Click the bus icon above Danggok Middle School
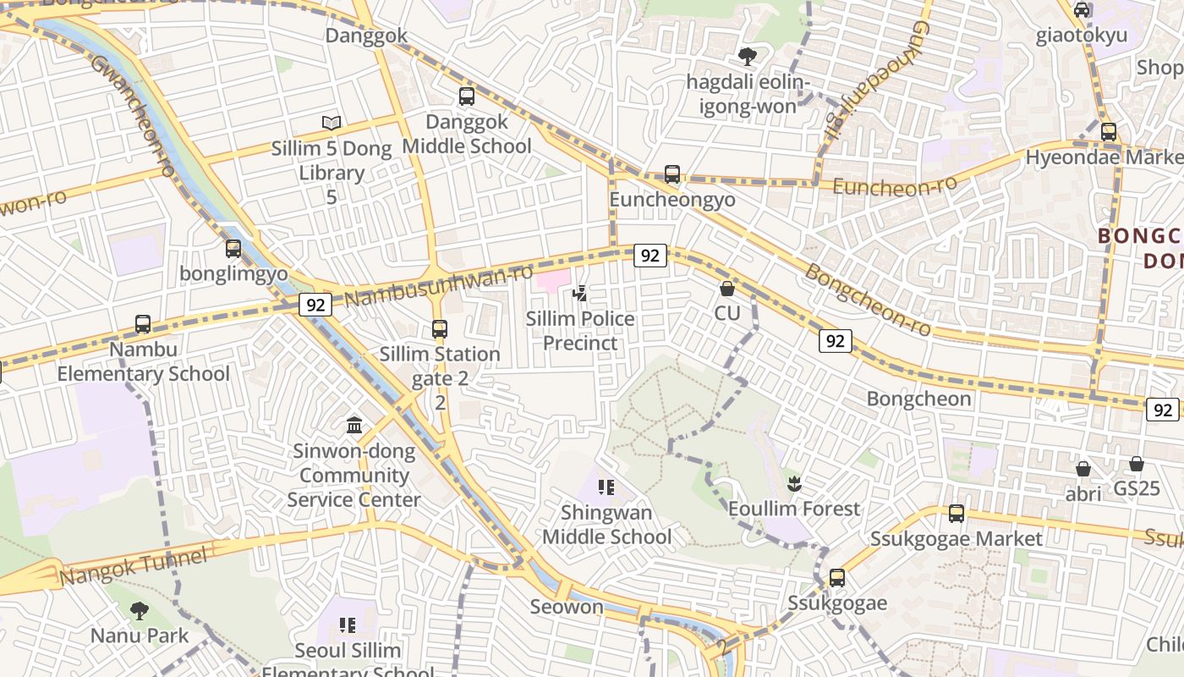[466, 96]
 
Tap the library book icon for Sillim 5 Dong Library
[332, 124]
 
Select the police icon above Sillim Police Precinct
[580, 294]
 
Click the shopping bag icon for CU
[726, 289]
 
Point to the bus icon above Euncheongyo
[672, 174]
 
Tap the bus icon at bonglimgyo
[233, 249]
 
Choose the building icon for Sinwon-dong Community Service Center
[354, 425]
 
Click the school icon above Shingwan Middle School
[606, 487]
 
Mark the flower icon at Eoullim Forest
[793, 484]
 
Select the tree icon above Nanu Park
[140, 610]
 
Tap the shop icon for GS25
[1137, 464]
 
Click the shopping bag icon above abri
[1083, 469]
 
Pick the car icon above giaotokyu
[1082, 10]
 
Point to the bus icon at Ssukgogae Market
[957, 514]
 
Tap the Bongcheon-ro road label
[867, 300]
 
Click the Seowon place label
[567, 607]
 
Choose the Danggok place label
[366, 36]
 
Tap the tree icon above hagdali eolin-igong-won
[747, 57]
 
